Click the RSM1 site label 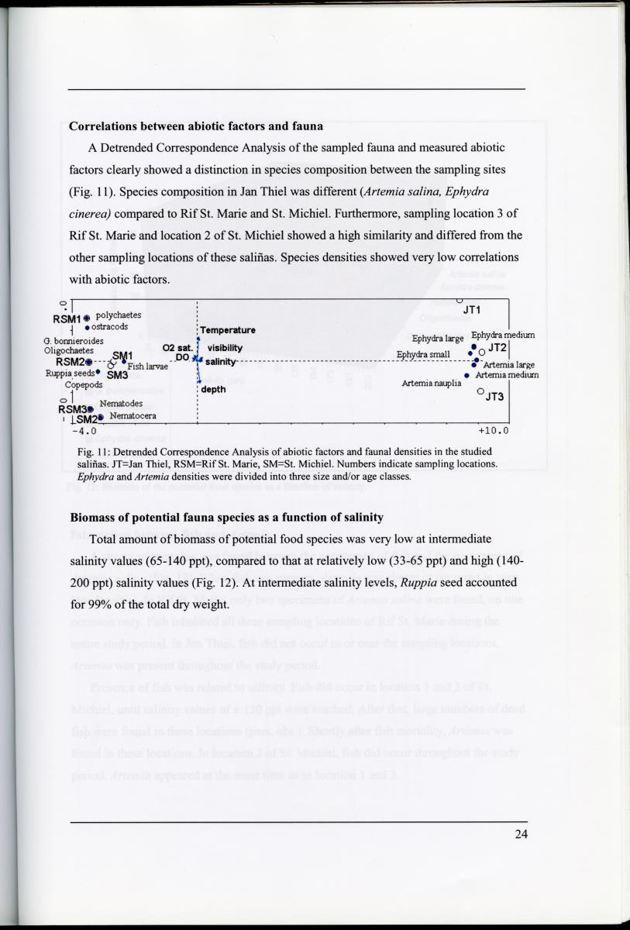coord(67,319)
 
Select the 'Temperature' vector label coord(228,330)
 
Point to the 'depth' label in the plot coord(213,389)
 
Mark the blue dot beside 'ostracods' coord(87,328)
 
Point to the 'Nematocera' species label coord(133,416)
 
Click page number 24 coord(520,835)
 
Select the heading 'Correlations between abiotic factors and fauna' coord(196,126)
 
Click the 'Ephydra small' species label coord(423,354)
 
